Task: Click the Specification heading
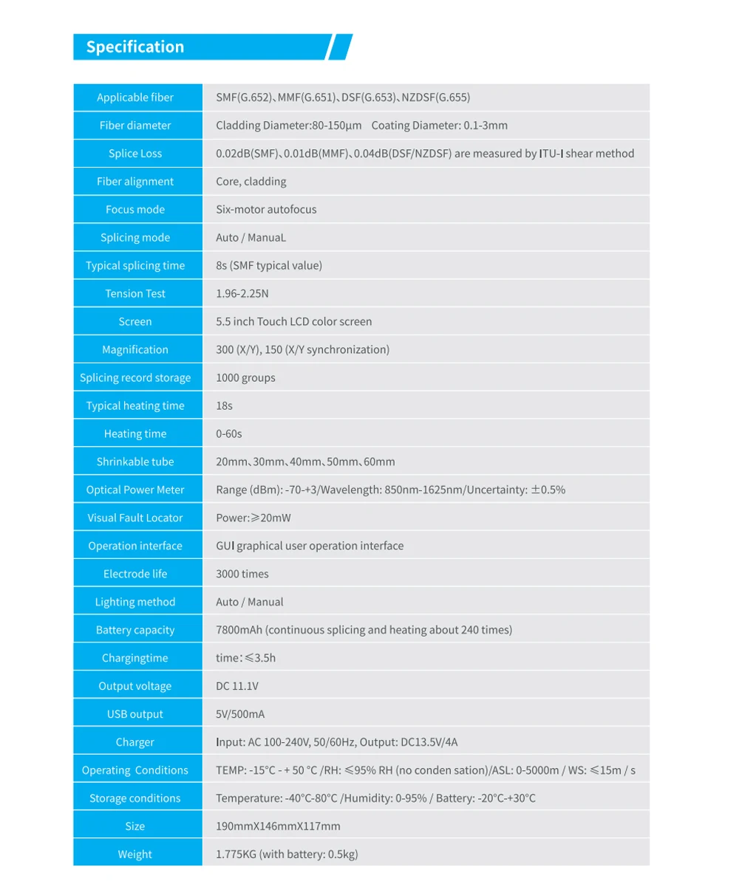click(x=135, y=47)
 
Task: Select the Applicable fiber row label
click(x=135, y=97)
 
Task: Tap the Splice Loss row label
click(x=135, y=154)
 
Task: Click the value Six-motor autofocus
click(x=266, y=210)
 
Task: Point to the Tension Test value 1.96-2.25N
click(x=242, y=294)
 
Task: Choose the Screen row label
click(x=135, y=322)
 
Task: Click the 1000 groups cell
click(x=245, y=378)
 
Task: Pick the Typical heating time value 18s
click(x=224, y=406)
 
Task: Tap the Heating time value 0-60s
click(x=229, y=434)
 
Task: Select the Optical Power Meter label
click(x=135, y=490)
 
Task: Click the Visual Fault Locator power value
click(x=253, y=518)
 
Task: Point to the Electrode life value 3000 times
click(x=242, y=575)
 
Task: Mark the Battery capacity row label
click(x=135, y=631)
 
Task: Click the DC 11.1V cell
click(x=237, y=687)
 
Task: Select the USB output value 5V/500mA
click(x=240, y=715)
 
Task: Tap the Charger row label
click(x=135, y=743)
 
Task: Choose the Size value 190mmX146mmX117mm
click(x=278, y=827)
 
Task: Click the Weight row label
click(x=135, y=855)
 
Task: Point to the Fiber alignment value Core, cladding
click(x=251, y=182)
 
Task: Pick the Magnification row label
click(x=135, y=350)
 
